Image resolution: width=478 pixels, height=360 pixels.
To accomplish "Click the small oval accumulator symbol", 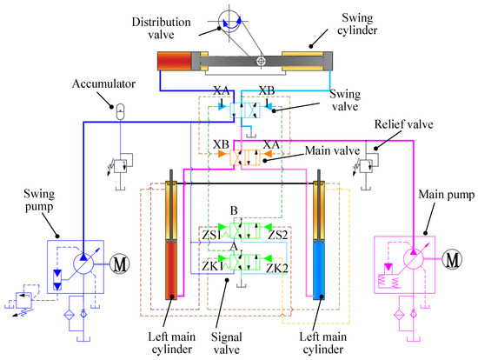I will click(120, 110).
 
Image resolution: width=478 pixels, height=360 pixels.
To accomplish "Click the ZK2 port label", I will click(278, 269).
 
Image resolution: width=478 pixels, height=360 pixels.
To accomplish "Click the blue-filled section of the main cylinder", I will click(322, 266).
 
